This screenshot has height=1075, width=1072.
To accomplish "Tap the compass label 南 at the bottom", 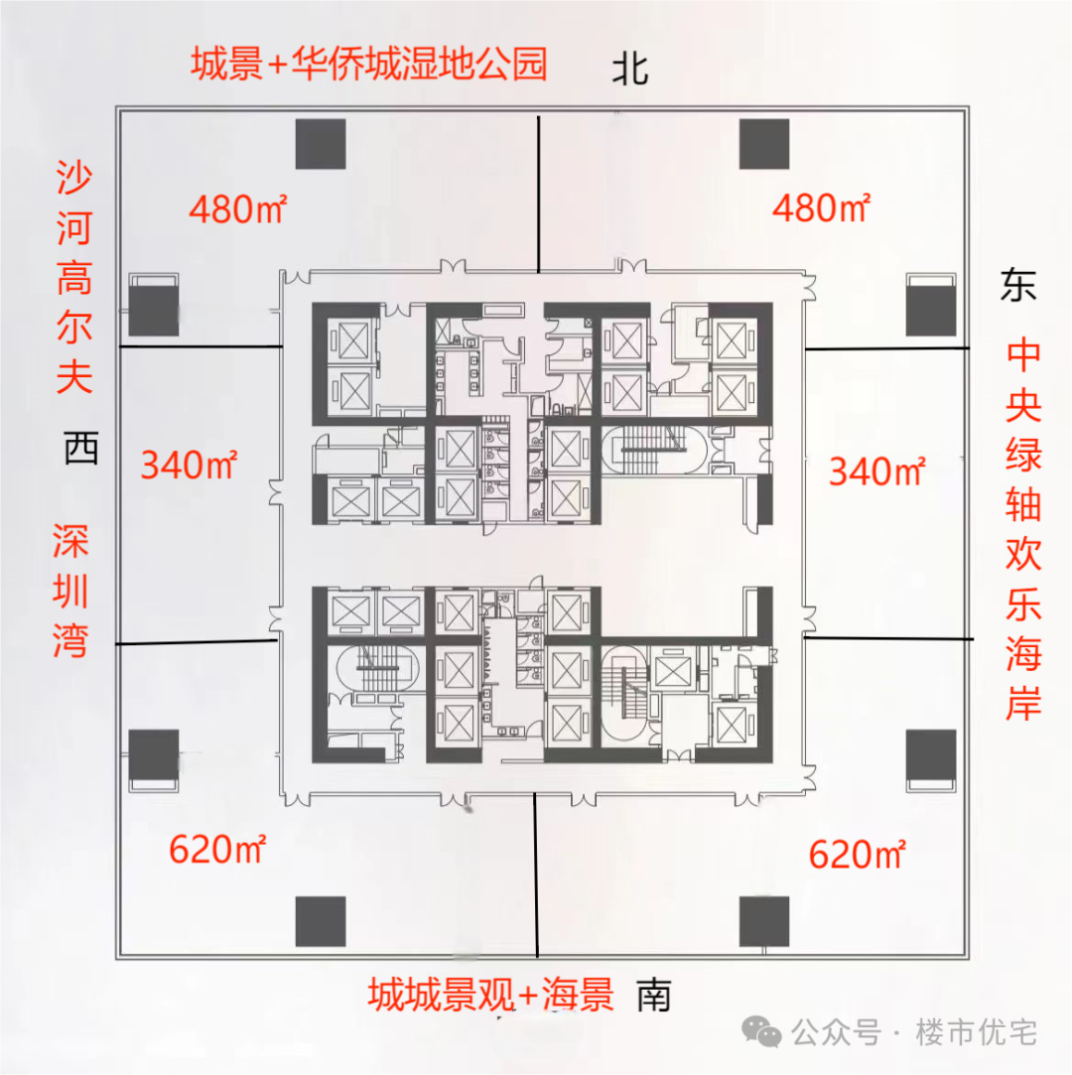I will pyautogui.click(x=654, y=994).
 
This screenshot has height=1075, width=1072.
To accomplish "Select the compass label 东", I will pyautogui.click(x=1018, y=286).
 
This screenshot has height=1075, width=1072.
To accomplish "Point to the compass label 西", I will pyautogui.click(x=81, y=449).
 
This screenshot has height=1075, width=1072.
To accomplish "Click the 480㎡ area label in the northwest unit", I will pyautogui.click(x=238, y=209).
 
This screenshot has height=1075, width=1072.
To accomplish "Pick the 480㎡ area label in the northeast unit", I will pyautogui.click(x=821, y=209).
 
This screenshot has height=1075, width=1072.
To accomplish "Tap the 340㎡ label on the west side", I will pyautogui.click(x=189, y=465).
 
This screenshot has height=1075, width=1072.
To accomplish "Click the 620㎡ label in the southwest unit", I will pyautogui.click(x=217, y=850).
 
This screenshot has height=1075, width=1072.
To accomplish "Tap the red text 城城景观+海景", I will pyautogui.click(x=491, y=994).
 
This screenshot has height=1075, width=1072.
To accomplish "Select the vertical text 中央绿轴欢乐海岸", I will pyautogui.click(x=1023, y=530).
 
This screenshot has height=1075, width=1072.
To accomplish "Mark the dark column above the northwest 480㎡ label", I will pyautogui.click(x=321, y=144).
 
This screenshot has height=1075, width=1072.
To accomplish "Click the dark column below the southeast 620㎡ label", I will pyautogui.click(x=764, y=921).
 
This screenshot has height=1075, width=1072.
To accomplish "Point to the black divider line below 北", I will pyautogui.click(x=538, y=194).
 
